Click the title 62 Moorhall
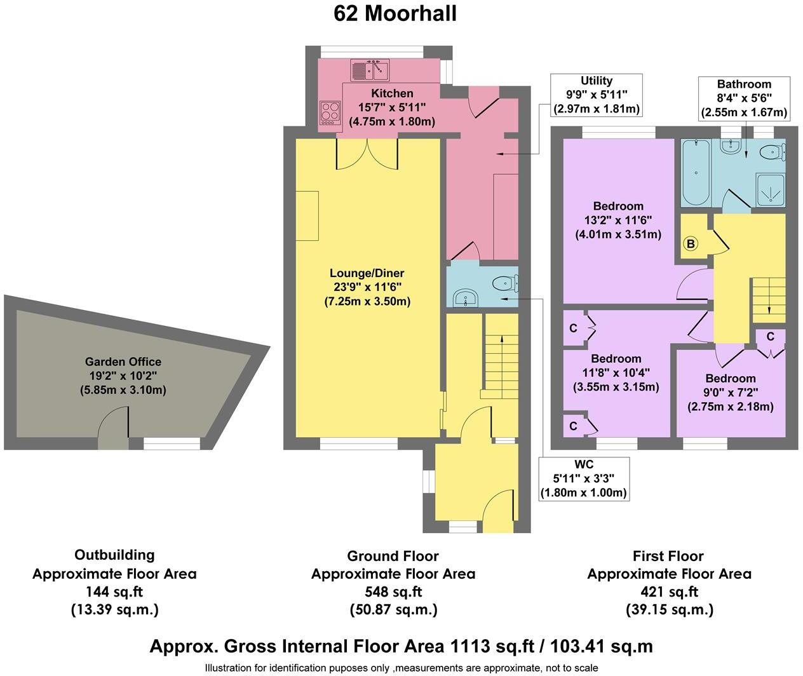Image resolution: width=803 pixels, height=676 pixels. coord(395,13)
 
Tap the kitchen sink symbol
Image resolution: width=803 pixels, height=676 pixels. coord(369,69)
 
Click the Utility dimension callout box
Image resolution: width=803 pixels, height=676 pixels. coord(596,95)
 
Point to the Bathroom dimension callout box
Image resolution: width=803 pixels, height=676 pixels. coord(744,98)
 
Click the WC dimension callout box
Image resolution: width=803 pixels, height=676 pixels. coord(583,478)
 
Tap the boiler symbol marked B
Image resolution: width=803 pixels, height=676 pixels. coord(691,243)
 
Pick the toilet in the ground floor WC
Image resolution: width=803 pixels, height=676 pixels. coord(508,281)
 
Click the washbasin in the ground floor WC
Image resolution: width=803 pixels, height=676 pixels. coord(467,297)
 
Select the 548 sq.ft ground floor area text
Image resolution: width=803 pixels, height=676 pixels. coord(393,591)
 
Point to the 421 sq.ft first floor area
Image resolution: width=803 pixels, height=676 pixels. coord(668,591)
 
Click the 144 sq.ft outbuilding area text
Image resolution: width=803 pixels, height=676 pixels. coord(114,591)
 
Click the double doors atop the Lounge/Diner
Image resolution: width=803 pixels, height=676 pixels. coord(367,153)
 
